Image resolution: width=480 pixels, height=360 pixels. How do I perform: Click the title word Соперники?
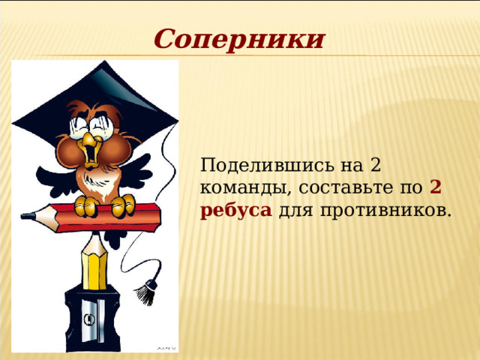[239, 38]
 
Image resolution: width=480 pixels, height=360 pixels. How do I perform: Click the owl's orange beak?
[91, 149]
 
